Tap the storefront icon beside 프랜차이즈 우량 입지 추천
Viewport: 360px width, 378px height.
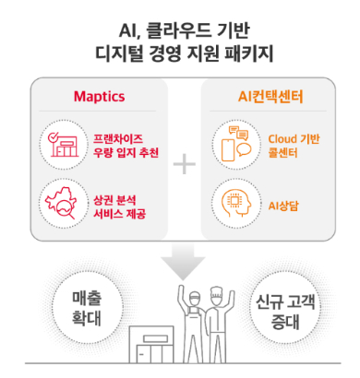[60, 145]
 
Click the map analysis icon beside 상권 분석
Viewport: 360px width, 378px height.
[60, 201]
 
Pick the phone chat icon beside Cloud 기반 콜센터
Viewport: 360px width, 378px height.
[233, 145]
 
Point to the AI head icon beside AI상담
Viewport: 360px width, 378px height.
[233, 201]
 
